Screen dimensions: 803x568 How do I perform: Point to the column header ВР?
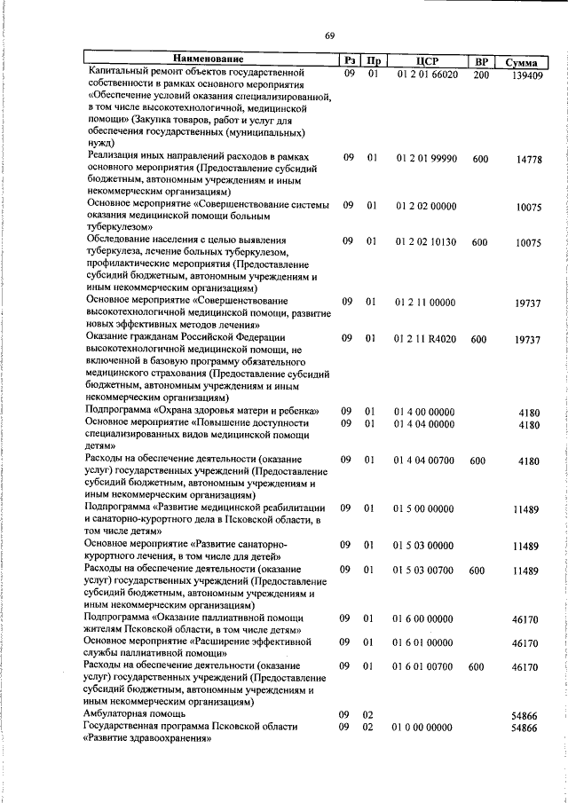[482, 61]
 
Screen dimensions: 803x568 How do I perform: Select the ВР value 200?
[480, 75]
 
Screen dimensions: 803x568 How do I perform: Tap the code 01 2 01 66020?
[427, 75]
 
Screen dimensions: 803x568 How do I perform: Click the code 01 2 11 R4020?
[426, 339]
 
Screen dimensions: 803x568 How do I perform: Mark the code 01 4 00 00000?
[424, 412]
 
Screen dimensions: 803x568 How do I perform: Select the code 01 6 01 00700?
[424, 665]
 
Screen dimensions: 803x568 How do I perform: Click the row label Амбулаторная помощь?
[135, 713]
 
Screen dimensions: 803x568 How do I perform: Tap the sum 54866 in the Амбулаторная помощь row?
[527, 714]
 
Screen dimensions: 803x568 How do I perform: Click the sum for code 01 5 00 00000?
[527, 509]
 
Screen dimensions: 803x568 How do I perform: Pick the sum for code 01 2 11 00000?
[527, 303]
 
